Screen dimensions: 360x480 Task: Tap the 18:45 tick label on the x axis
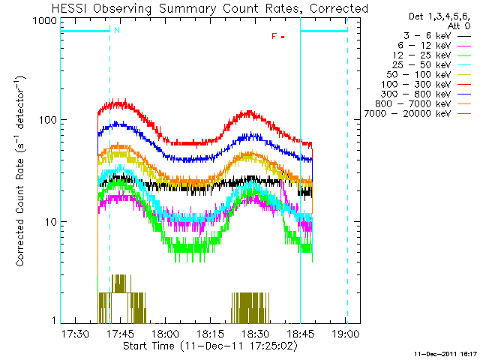300,333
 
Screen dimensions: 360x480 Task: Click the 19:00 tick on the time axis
345,333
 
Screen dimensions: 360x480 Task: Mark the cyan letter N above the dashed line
116,29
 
